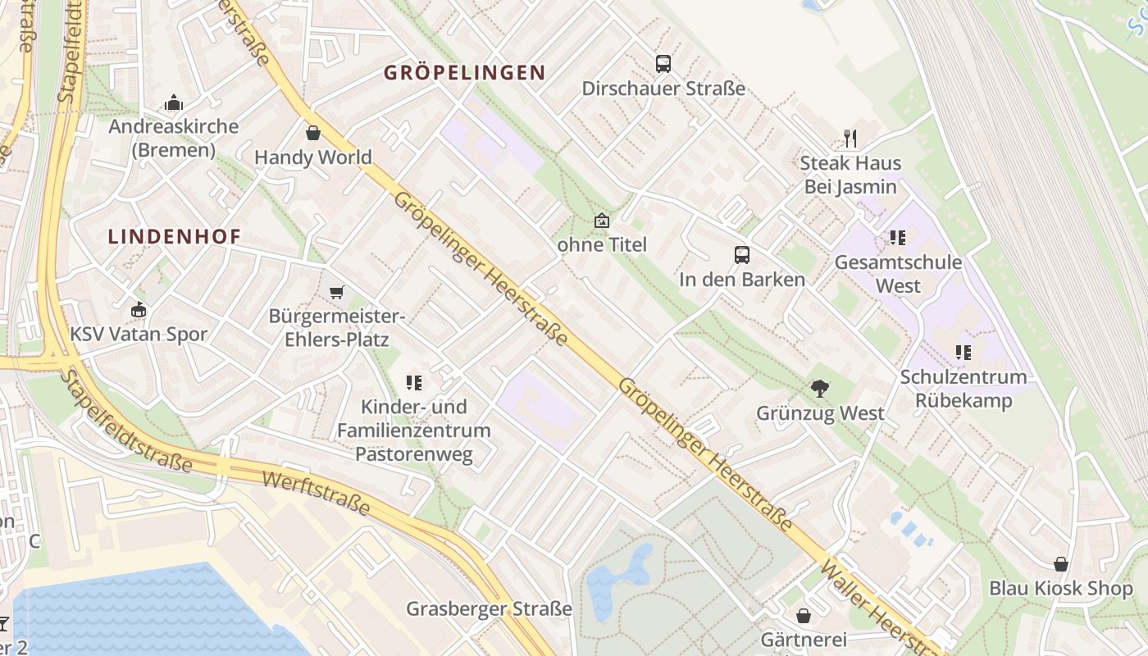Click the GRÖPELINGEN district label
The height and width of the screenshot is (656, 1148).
click(x=465, y=72)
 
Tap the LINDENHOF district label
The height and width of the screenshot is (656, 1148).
click(x=175, y=237)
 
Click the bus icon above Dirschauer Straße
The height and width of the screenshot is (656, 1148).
click(x=663, y=63)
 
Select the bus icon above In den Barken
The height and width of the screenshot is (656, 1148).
click(x=741, y=254)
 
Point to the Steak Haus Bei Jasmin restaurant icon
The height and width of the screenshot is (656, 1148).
click(x=850, y=138)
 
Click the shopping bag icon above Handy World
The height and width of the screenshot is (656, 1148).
click(x=312, y=133)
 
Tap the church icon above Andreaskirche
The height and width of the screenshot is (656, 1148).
click(x=174, y=102)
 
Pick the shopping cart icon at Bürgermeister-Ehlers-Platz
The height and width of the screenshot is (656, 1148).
click(x=336, y=291)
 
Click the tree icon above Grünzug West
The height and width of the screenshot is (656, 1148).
click(x=819, y=389)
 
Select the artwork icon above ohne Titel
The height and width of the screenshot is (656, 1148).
click(x=602, y=221)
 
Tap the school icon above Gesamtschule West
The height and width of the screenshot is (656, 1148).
click(x=897, y=238)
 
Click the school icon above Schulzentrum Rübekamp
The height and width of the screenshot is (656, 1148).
click(x=963, y=353)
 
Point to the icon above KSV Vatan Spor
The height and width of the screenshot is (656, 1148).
click(x=139, y=310)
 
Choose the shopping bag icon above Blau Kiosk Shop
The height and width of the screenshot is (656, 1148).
click(x=1060, y=564)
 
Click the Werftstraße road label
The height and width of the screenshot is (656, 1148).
click(x=316, y=492)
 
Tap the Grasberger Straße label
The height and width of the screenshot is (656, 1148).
click(x=489, y=609)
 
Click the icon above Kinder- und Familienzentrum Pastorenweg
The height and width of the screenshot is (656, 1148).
click(x=413, y=382)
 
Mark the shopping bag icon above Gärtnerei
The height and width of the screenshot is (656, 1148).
click(x=803, y=615)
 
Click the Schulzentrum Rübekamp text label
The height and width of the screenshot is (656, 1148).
click(x=963, y=389)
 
